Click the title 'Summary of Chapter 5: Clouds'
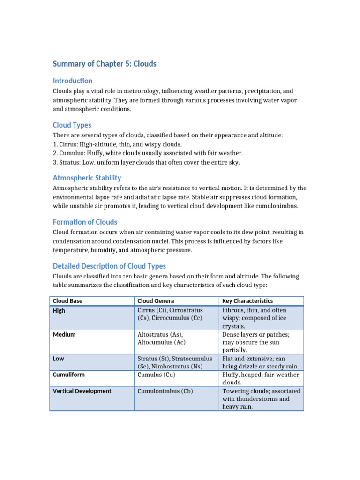[105, 63]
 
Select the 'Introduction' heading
[73, 81]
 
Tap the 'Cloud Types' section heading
[72, 125]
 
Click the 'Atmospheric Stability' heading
[87, 178]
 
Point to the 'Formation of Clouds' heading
[85, 222]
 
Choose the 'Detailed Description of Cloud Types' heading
[110, 266]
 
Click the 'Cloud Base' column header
[67, 301]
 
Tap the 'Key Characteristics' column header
[247, 301]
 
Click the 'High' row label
[60, 311]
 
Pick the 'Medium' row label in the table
[64, 335]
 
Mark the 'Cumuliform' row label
[69, 375]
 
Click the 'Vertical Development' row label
[82, 391]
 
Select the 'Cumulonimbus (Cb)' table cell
[165, 391]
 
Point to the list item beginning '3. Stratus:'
[146, 162]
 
